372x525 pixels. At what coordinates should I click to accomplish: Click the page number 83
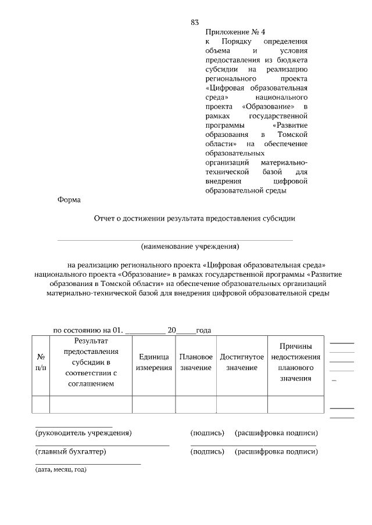195,23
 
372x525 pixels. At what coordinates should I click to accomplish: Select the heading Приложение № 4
231,32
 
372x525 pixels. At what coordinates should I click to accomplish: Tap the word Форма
69,200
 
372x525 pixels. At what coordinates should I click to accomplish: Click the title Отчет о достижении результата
195,219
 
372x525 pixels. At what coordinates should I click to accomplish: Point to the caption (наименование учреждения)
190,246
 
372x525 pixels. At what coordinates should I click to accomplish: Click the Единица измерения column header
154,363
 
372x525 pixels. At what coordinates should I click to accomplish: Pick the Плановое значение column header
196,363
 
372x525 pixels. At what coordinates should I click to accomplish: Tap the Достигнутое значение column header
242,363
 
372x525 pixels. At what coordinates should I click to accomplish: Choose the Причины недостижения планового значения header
295,363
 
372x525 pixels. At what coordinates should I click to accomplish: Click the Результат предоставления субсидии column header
91,363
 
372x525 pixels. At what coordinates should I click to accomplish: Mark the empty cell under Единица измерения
154,404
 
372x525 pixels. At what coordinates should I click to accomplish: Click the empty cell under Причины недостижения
295,404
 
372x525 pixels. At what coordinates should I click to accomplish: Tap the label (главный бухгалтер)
71,452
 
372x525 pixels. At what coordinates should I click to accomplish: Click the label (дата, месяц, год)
61,469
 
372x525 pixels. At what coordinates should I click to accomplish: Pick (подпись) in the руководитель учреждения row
208,433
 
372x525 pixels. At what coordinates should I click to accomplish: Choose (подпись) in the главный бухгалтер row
208,452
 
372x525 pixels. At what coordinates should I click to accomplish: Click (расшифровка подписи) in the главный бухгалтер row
276,452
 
